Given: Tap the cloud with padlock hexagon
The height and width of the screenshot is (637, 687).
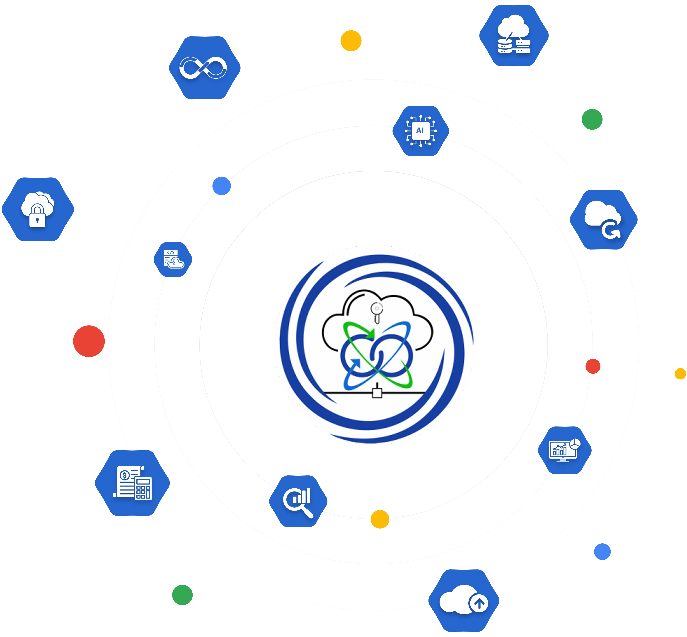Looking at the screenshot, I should [x=38, y=209].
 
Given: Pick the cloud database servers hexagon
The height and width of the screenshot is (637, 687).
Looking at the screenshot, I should [x=514, y=36].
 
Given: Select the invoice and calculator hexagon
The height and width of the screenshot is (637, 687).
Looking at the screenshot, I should [x=132, y=483].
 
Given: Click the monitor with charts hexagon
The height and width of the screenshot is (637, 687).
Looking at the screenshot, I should [x=565, y=450].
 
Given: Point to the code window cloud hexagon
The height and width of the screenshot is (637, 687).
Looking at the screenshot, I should [x=173, y=259].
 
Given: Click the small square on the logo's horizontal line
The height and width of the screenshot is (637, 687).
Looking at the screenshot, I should [x=377, y=393].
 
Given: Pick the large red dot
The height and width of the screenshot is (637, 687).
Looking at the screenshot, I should [x=89, y=341].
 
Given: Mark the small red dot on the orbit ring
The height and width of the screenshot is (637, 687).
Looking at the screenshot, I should [x=593, y=366].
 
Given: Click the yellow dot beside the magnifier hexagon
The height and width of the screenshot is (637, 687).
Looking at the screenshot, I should [x=380, y=519].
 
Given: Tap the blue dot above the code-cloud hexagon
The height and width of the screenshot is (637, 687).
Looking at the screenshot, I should [x=222, y=186].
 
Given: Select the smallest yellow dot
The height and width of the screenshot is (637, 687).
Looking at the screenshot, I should [x=680, y=374].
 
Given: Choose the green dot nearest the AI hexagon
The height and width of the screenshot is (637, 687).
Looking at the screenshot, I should [x=592, y=119].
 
